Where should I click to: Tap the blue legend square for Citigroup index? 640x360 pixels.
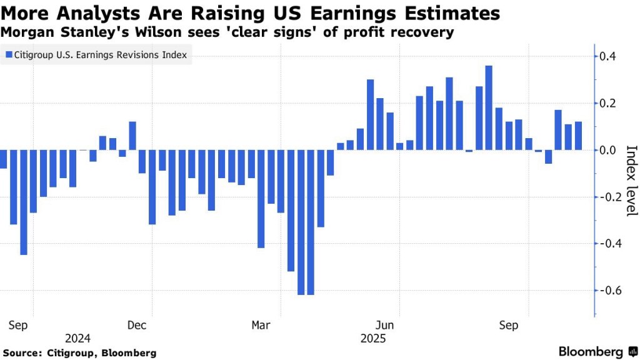click(x=9, y=56)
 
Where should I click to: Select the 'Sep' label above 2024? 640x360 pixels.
click(x=18, y=325)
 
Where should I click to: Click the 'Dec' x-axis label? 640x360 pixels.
click(x=136, y=325)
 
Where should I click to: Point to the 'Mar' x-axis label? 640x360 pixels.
click(x=261, y=325)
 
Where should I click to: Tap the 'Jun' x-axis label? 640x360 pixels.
click(x=386, y=325)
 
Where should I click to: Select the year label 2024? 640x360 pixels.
click(x=77, y=339)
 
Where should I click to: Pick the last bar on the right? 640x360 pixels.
click(x=578, y=136)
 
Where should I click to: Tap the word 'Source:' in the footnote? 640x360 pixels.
click(x=23, y=353)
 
